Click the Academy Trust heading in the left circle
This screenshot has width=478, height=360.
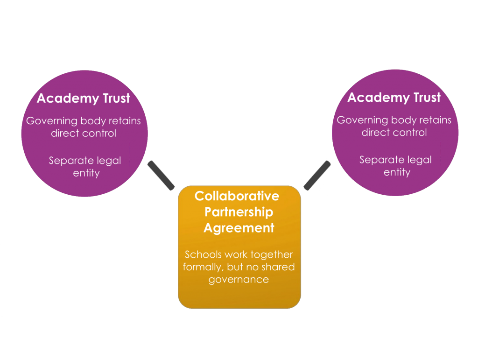coord(83,99)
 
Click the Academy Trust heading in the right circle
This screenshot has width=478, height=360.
coord(394,98)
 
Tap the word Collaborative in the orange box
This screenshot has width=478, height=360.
coord(237,196)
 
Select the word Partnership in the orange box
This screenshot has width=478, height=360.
coord(239,212)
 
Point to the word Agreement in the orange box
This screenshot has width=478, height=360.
coord(239,228)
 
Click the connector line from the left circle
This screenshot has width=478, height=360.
coord(161,175)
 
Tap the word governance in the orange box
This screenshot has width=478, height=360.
coord(239,280)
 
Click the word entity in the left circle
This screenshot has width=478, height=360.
coord(86,173)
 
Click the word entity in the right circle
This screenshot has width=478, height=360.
coord(397,172)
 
